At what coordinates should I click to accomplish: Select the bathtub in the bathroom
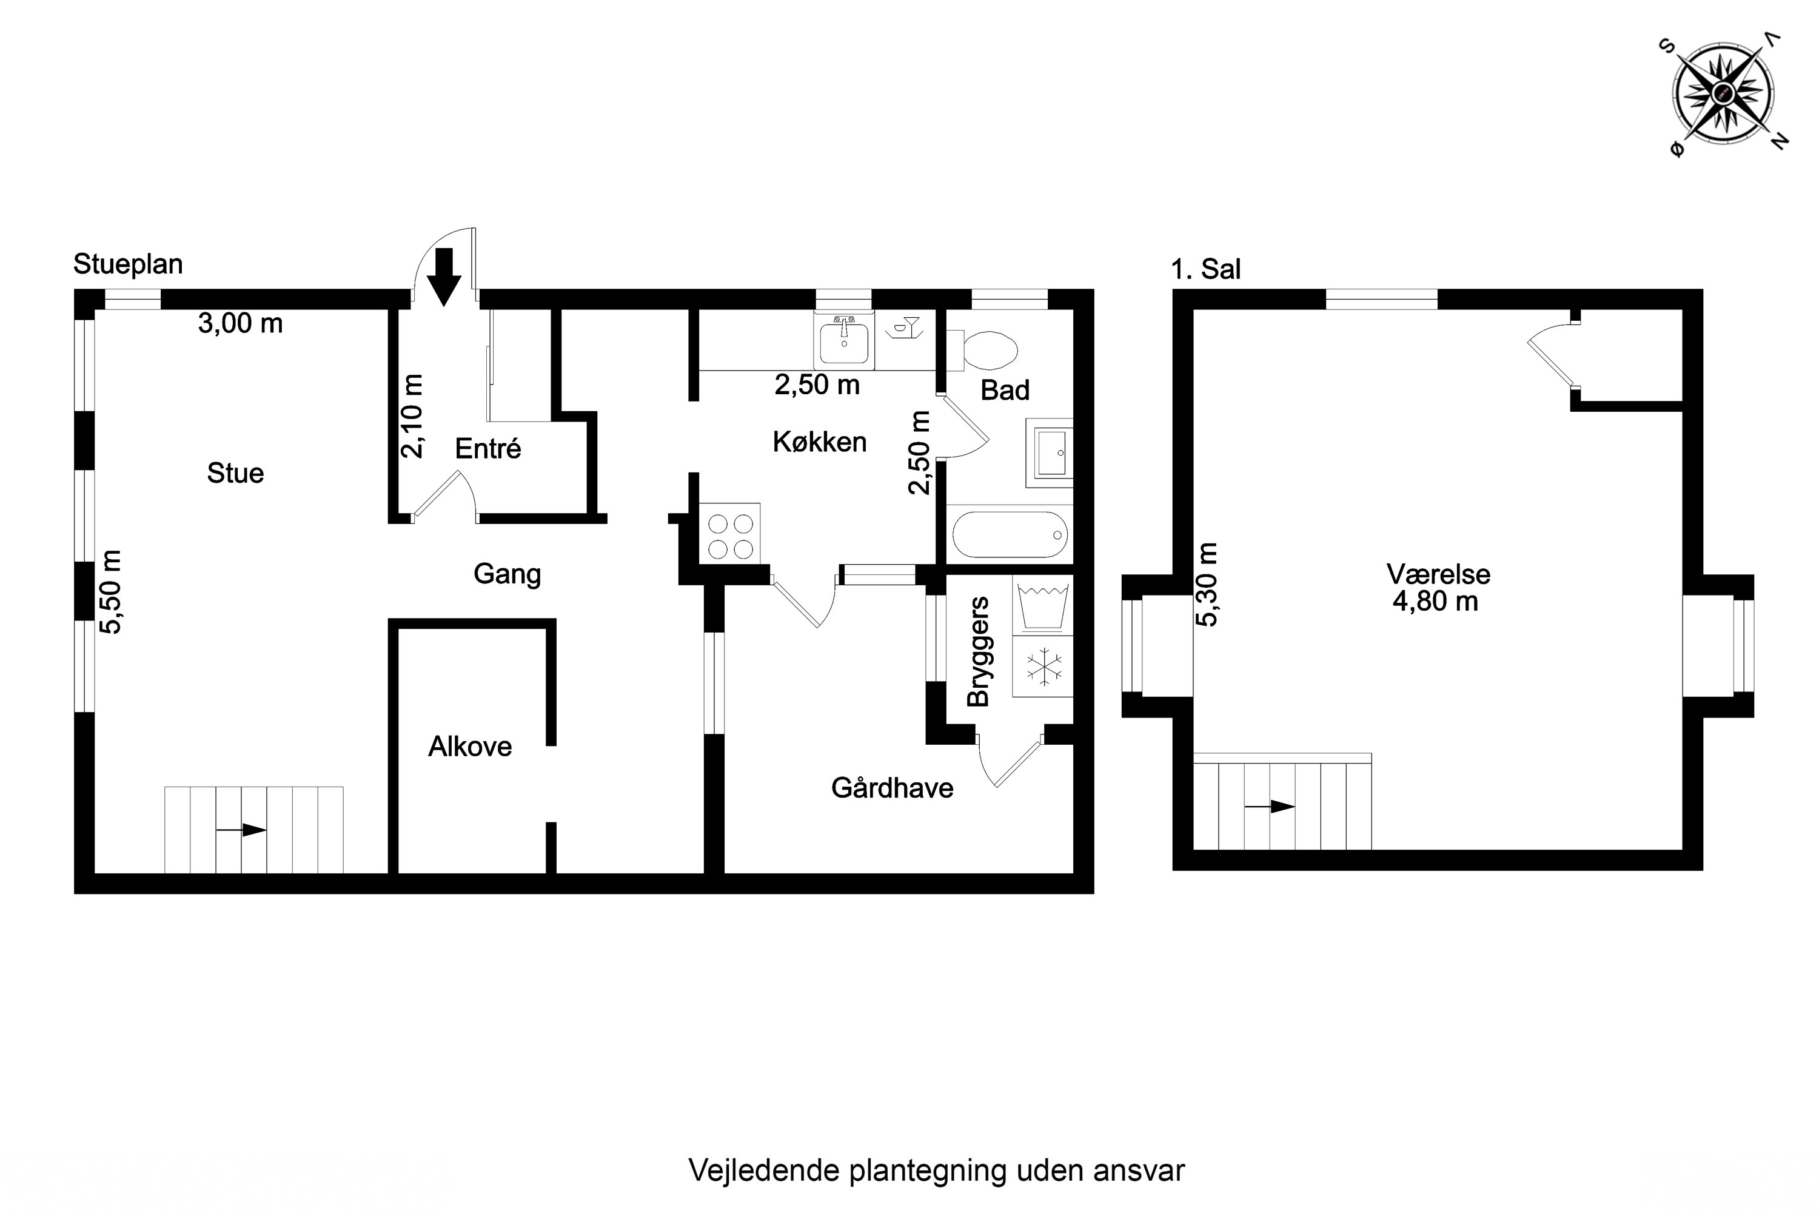pos(1010,534)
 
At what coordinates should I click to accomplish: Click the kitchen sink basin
pos(844,340)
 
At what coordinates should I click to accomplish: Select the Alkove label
pos(471,747)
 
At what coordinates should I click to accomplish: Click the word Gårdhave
pos(892,788)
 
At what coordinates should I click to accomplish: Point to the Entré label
pos(488,449)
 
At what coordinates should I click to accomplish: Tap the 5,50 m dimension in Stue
pos(112,593)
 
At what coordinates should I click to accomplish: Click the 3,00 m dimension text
pos(241,323)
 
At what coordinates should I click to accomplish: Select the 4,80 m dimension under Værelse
pos(1435,601)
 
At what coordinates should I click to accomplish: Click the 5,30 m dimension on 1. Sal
pos(1207,585)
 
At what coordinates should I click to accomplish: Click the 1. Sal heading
pos(1206,269)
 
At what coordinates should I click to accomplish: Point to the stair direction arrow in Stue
pos(241,830)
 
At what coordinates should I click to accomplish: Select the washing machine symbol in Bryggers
pos(1044,606)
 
